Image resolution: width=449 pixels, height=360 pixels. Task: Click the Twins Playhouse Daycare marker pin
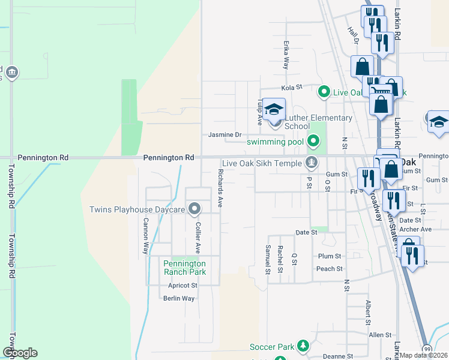[194, 209]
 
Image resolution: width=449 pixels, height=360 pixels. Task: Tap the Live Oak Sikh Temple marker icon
[312, 163]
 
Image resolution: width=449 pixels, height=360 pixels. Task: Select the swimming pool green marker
[313, 142]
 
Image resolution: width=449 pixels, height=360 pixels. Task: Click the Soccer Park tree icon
[304, 346]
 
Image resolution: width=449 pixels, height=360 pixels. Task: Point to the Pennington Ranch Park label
[185, 268]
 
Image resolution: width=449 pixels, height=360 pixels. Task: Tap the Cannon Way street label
[145, 235]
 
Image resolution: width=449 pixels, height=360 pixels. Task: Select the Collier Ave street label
[197, 237]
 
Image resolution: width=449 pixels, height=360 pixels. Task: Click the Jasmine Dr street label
[224, 136]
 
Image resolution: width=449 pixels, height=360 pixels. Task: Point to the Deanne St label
[327, 356]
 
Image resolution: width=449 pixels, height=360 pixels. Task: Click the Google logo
[20, 353]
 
